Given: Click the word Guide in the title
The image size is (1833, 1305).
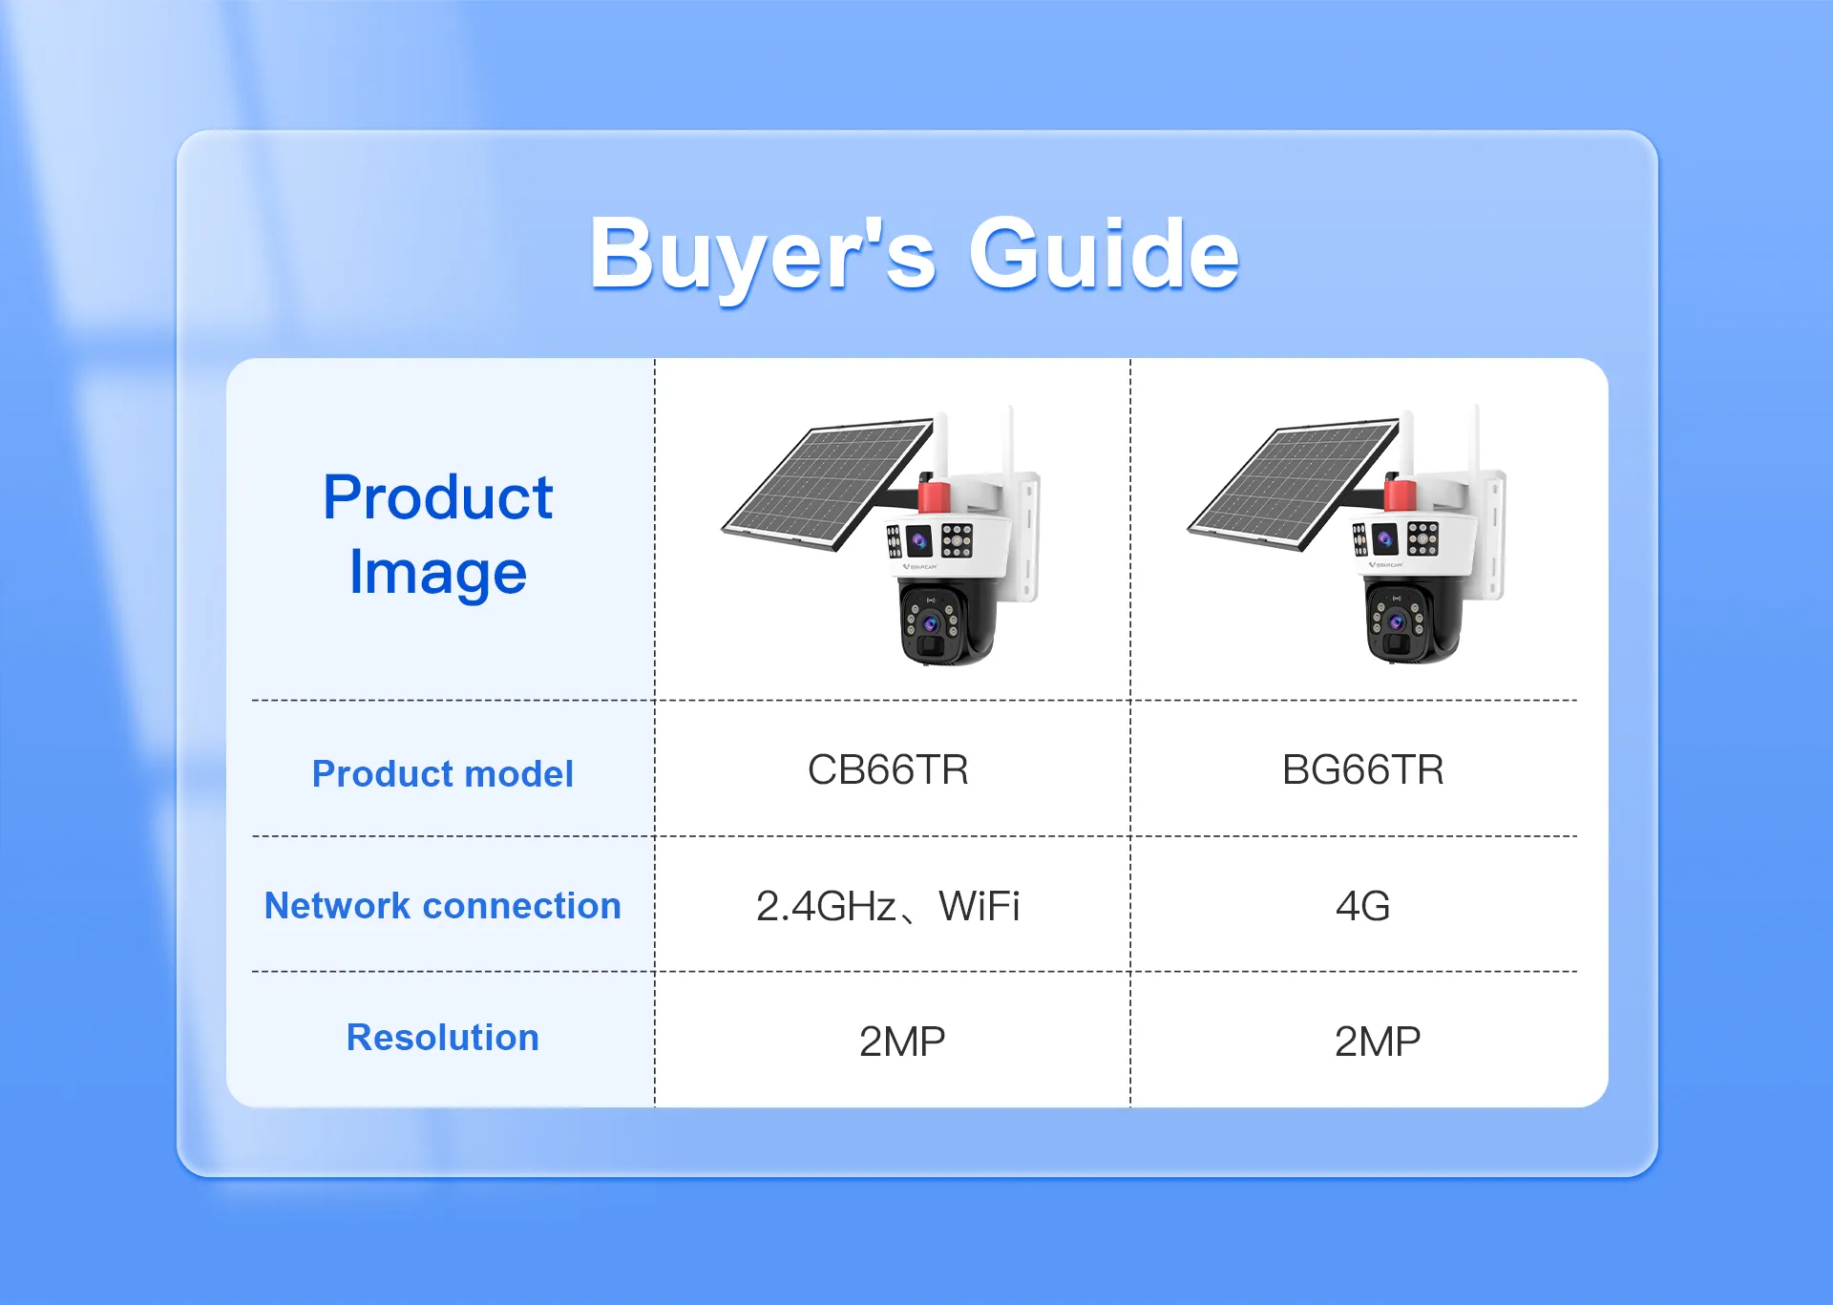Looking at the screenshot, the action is (x=1104, y=253).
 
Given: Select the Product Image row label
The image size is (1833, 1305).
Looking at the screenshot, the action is (x=438, y=535).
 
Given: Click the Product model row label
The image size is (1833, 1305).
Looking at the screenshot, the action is (x=443, y=773).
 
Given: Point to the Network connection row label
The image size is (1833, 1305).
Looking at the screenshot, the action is (x=443, y=905).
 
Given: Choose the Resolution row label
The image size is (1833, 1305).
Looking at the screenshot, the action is (x=443, y=1037).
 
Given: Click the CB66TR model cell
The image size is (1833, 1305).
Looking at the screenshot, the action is (x=888, y=769).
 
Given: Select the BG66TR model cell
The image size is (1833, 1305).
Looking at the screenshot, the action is (x=1362, y=769).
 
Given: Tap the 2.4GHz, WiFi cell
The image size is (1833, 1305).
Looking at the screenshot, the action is (x=888, y=906).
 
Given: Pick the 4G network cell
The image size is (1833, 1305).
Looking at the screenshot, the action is (x=1362, y=906).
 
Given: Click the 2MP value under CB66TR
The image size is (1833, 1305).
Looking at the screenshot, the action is (x=902, y=1042).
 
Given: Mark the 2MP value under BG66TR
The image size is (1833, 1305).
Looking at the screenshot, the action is (x=1378, y=1042).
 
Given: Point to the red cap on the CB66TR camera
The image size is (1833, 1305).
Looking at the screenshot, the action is (x=934, y=494).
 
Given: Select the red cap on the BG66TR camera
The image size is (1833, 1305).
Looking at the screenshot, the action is (x=1400, y=494).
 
